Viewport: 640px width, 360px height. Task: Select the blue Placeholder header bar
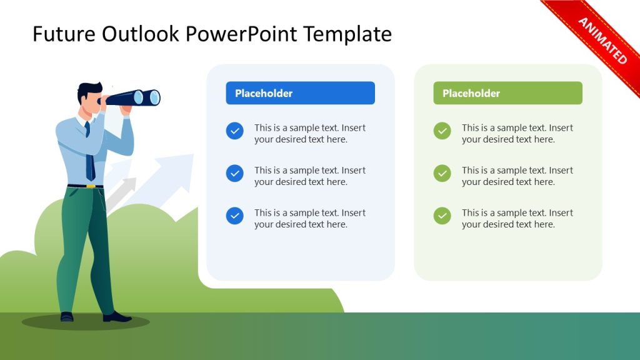tap(300, 93)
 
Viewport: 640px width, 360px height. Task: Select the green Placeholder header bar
tap(507, 93)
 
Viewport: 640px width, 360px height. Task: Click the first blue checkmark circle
tap(235, 131)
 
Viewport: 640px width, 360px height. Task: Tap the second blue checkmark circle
tap(235, 173)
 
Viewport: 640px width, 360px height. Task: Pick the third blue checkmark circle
tap(235, 216)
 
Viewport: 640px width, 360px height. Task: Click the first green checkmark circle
tap(442, 131)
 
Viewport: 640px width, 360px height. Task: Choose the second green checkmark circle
tap(442, 173)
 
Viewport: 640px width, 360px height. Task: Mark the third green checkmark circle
tap(442, 216)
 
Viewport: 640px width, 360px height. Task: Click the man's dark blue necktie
tap(90, 156)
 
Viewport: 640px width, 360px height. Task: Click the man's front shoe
tap(117, 317)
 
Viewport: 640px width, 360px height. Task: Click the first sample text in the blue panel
tap(309, 133)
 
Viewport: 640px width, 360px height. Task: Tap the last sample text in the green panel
tap(517, 218)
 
